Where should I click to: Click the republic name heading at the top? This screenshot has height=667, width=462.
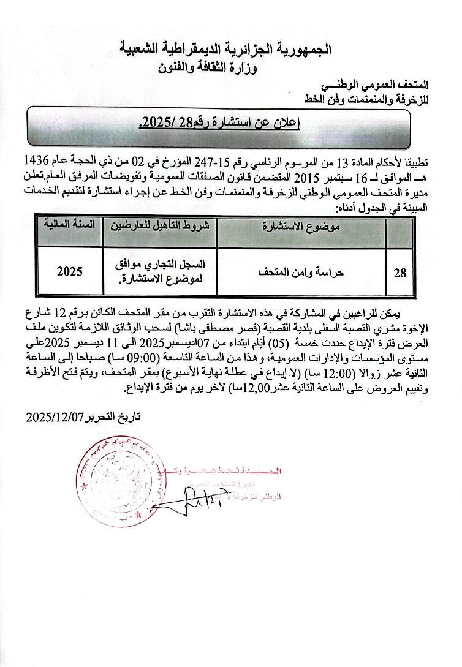click(x=233, y=48)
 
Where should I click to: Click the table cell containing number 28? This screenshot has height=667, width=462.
click(x=400, y=274)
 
